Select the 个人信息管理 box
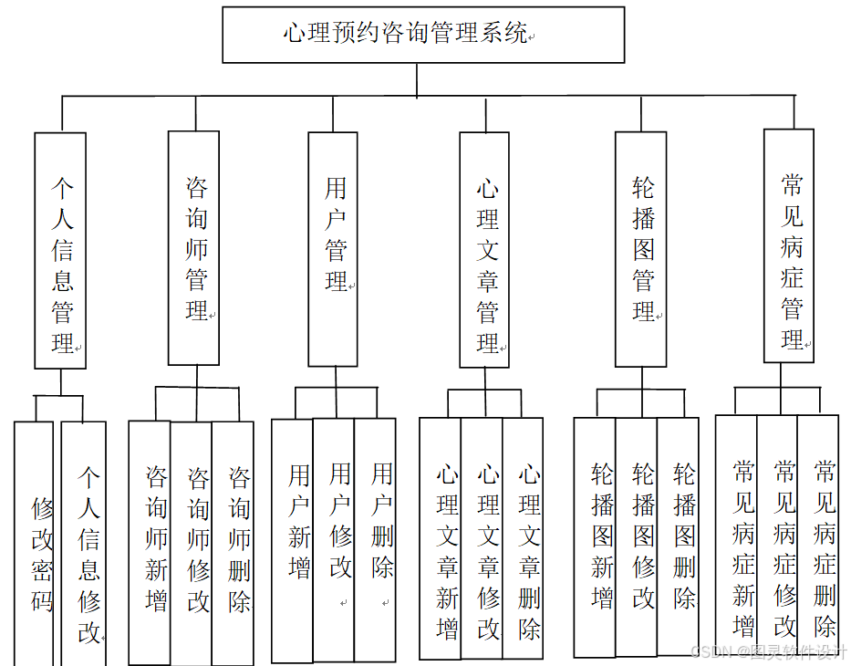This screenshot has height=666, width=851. (60, 251)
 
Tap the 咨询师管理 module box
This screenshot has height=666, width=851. (194, 248)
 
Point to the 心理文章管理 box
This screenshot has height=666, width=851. (484, 251)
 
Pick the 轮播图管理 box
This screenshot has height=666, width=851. (640, 248)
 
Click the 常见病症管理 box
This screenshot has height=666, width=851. (788, 246)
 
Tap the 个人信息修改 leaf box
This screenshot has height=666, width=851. (87, 547)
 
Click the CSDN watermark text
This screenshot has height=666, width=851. (769, 651)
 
